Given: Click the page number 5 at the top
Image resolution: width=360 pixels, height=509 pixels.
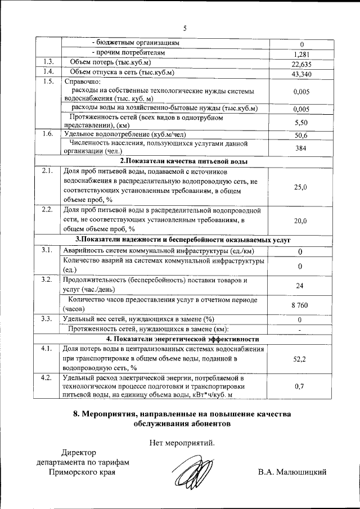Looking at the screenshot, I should click(x=184, y=29).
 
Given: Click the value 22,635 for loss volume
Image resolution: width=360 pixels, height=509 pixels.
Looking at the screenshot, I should click(x=301, y=64).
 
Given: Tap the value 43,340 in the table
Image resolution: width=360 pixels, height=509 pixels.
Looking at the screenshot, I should click(x=301, y=73).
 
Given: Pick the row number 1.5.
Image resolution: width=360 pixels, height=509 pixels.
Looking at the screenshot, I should click(x=48, y=82).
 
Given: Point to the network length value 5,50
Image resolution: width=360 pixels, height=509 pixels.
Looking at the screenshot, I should click(x=301, y=122).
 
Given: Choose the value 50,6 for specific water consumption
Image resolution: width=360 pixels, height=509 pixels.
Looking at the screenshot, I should click(x=301, y=135).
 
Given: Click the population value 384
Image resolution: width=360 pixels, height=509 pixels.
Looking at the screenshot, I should click(x=301, y=147).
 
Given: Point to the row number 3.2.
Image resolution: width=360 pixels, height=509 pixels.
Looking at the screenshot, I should click(x=48, y=279).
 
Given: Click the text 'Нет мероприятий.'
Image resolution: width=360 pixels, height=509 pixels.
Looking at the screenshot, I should click(x=182, y=442).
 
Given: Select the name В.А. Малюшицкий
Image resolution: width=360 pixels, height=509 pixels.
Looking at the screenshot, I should click(x=292, y=471).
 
